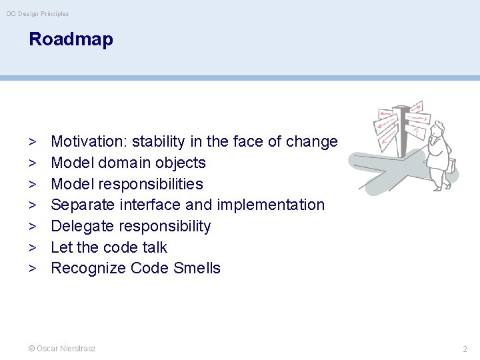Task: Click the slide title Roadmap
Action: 71,39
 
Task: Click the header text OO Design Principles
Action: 37,14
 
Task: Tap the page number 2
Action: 465,349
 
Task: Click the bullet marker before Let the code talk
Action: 32,247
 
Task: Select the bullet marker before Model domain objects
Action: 32,163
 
